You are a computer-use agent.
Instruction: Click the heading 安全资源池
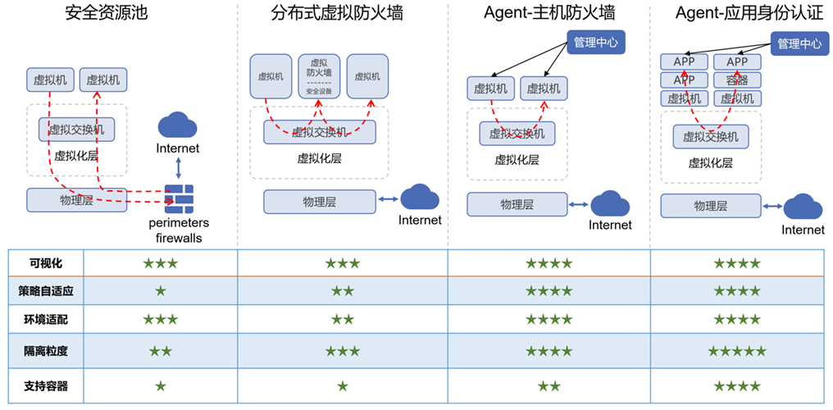tap(106, 14)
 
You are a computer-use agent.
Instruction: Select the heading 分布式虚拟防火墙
tap(337, 14)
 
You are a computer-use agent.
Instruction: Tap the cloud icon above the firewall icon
tap(178, 125)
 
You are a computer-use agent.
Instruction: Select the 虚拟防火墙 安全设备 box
tap(319, 76)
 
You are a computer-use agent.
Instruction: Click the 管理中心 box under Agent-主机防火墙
tap(596, 43)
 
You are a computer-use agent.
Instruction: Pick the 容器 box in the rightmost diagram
tap(737, 80)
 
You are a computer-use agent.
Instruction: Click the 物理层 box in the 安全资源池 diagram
tap(76, 199)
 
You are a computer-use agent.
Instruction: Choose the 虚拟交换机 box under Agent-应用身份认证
tap(711, 137)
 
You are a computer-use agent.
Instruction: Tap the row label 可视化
tap(46, 263)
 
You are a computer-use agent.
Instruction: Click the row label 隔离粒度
tap(46, 351)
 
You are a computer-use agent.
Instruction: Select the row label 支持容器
tap(46, 385)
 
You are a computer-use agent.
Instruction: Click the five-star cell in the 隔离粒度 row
tap(737, 351)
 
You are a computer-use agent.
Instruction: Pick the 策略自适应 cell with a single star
tap(161, 290)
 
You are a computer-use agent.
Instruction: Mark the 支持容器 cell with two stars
tap(549, 385)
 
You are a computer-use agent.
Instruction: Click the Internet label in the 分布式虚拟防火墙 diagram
tap(420, 220)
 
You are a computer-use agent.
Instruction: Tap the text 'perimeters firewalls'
tap(179, 230)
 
